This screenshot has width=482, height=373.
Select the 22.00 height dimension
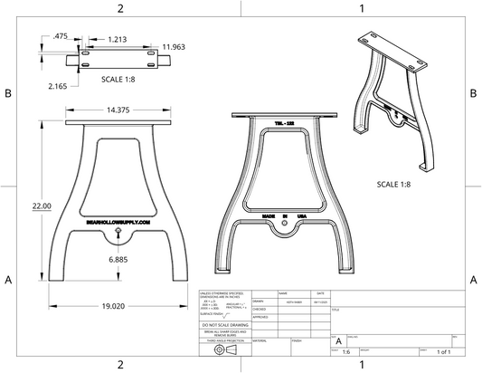tap(42, 206)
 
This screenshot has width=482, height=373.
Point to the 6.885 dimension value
tap(118, 260)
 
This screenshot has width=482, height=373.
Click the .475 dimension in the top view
tap(61, 36)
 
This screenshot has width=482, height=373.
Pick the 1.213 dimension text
tap(117, 41)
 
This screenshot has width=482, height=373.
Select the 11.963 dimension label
tap(174, 46)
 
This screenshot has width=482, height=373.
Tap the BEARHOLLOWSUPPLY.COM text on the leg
tap(118, 218)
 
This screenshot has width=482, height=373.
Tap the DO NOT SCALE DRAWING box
tap(230, 324)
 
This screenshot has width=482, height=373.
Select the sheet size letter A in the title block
tap(339, 340)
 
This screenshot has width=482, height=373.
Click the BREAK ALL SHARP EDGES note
tap(230, 333)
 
